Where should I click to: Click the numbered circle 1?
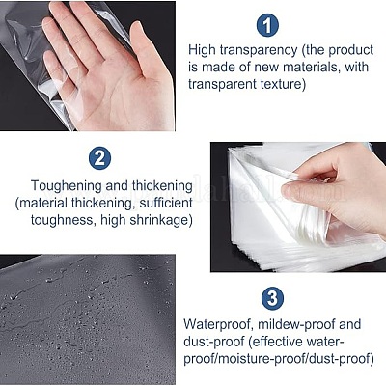tap(267, 26)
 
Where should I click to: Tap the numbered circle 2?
tap(99, 158)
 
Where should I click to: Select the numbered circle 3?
tap(272, 298)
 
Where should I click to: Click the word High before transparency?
tap(202, 50)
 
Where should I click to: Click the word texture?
tap(282, 84)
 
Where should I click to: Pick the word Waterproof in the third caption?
tap(217, 324)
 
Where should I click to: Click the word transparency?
tap(259, 50)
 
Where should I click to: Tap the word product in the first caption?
tap(351, 50)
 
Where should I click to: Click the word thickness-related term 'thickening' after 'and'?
tap(162, 186)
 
